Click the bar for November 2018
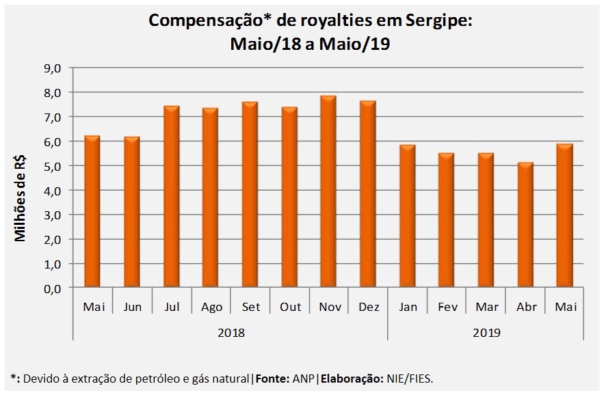[x=328, y=192]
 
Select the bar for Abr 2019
[x=525, y=225]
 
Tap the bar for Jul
[x=172, y=197]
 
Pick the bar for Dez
[x=367, y=195]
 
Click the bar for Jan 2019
[x=407, y=217]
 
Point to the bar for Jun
[x=132, y=213]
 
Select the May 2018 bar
[x=93, y=212]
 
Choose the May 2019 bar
[x=564, y=216]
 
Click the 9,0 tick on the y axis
[x=53, y=68]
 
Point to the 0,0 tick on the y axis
[x=53, y=288]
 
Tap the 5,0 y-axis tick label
[x=53, y=166]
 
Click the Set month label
[x=250, y=307]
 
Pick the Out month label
[x=290, y=307]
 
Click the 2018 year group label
[x=230, y=333]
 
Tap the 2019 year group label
[x=486, y=333]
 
